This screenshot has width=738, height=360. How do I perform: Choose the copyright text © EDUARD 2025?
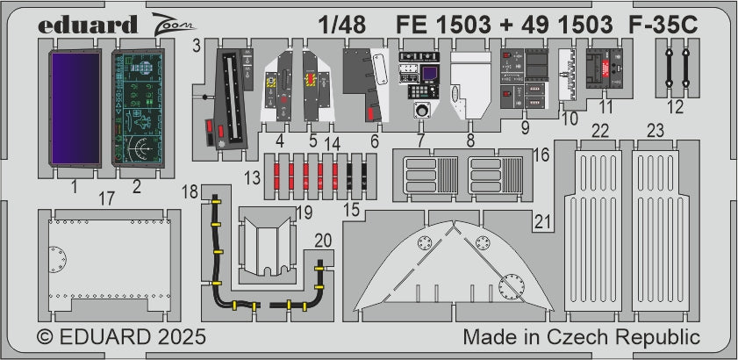121,337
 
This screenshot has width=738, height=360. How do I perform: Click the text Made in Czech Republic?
581,337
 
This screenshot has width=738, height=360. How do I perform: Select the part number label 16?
541,155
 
